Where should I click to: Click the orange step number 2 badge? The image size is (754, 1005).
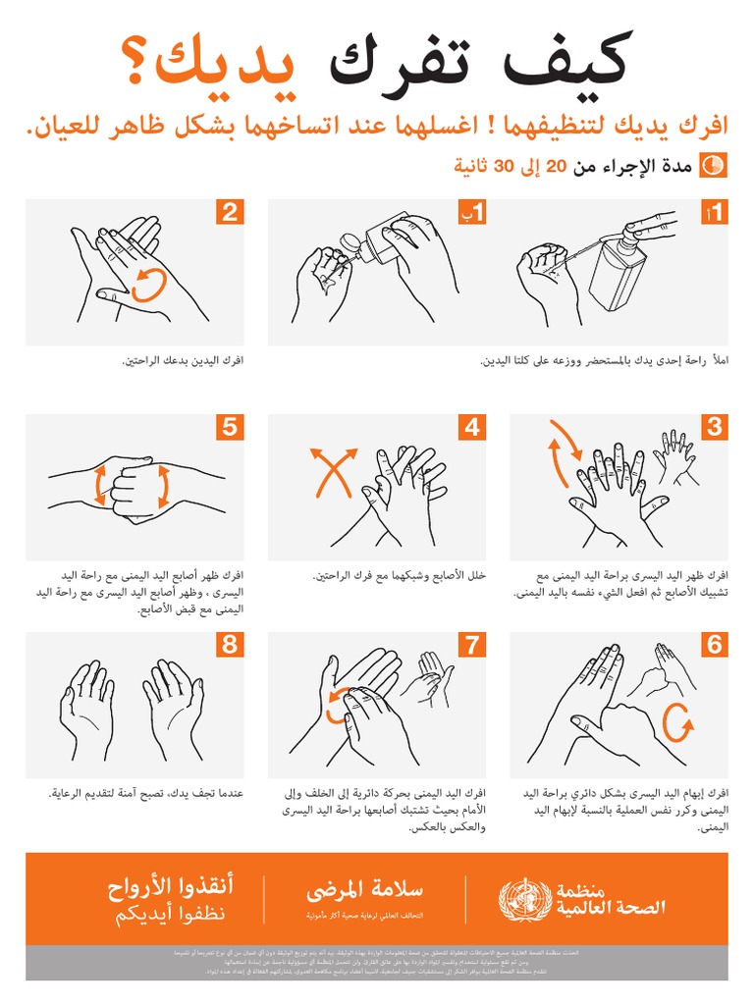point(231,212)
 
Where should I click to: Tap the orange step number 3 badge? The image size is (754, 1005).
point(715,427)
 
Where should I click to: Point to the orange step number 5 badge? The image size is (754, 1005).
point(231,427)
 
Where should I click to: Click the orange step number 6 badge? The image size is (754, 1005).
point(715,645)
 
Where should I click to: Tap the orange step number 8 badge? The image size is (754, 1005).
point(231,645)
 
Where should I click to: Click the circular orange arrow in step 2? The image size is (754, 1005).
point(146,285)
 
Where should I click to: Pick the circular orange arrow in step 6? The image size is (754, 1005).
point(678,726)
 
